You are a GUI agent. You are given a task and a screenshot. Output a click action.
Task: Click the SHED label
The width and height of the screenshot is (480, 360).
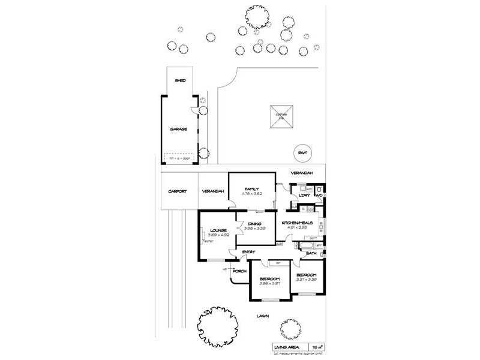click(179, 80)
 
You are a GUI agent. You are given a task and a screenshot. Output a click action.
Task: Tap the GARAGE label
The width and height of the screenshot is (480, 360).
click(179, 129)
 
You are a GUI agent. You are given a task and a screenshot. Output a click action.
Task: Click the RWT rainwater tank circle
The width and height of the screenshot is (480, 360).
click(302, 153)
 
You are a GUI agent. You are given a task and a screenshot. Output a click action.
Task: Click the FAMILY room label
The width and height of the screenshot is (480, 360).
click(251, 189)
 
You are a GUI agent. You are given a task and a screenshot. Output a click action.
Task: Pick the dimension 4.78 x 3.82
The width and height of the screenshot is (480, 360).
click(251, 194)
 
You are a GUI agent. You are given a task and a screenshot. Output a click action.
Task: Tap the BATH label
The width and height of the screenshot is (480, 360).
click(311, 254)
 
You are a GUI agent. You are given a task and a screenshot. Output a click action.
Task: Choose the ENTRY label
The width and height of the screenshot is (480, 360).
click(248, 251)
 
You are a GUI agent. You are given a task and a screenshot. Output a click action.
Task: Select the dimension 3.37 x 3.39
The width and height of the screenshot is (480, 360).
click(307, 279)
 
